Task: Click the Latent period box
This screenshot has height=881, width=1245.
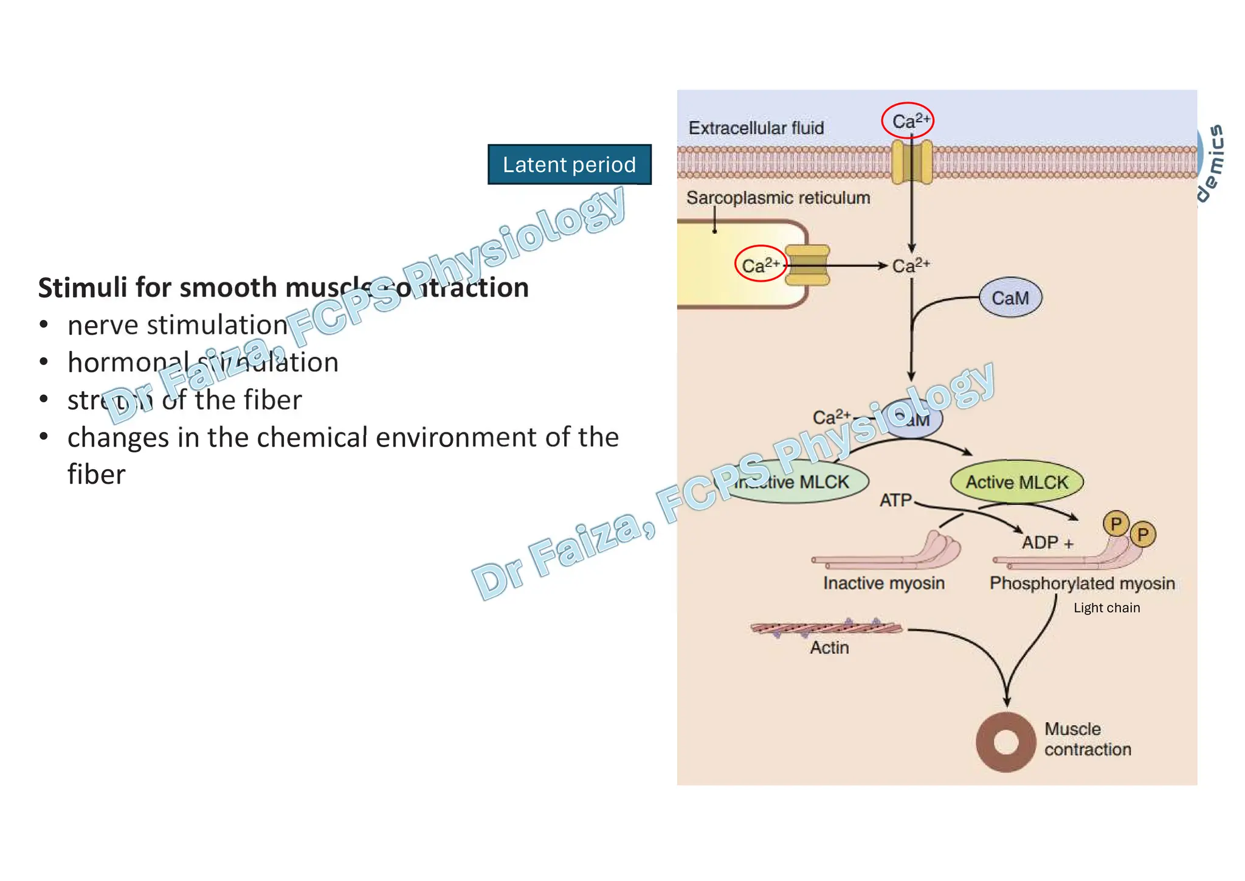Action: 569,164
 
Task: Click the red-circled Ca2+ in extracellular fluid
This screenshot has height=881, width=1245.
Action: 908,120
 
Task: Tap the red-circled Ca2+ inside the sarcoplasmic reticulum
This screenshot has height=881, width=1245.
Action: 760,264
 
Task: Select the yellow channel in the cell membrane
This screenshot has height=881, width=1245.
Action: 911,161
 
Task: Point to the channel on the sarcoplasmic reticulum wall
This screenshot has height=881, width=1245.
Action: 807,265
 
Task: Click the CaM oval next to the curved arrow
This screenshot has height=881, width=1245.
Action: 1010,298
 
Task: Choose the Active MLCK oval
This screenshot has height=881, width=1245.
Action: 1016,482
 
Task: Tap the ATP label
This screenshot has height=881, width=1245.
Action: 895,500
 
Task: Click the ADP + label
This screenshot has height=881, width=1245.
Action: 1047,542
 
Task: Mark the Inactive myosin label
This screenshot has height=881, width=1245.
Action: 883,583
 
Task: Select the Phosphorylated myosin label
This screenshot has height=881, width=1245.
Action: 1081,583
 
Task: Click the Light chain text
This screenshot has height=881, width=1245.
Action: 1106,608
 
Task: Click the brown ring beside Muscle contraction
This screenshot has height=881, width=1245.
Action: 1005,742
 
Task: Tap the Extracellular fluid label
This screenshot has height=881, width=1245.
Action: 756,128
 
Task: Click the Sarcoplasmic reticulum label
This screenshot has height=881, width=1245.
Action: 778,198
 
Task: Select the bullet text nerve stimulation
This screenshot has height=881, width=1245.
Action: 178,325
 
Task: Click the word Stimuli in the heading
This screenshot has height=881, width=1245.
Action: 83,287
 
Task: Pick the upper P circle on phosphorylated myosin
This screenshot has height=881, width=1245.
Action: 1116,523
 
